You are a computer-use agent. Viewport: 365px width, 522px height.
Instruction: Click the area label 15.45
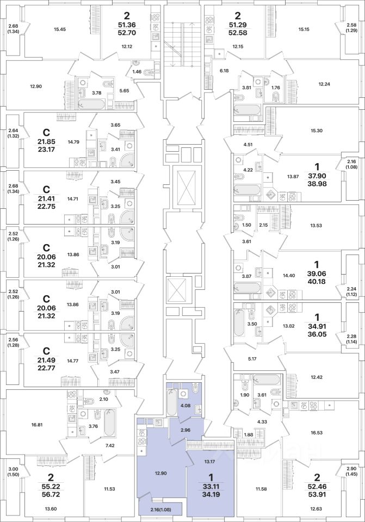click(60, 29)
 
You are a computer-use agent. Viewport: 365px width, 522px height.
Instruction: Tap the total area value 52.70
click(127, 33)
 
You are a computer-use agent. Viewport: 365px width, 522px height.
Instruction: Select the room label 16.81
click(36, 425)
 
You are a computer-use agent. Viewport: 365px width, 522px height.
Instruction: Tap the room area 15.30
click(316, 131)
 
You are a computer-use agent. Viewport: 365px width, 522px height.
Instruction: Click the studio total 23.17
click(46, 150)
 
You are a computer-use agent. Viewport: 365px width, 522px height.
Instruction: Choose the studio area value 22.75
click(46, 207)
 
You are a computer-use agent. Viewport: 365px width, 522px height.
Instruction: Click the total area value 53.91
click(317, 494)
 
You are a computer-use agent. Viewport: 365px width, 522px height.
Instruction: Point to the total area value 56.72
click(46, 495)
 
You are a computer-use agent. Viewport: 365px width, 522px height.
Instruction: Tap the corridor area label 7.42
click(109, 445)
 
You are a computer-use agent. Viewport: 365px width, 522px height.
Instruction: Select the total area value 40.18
click(316, 281)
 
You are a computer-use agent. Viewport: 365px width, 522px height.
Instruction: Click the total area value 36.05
click(317, 334)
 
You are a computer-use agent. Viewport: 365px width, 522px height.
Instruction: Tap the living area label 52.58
click(238, 33)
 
